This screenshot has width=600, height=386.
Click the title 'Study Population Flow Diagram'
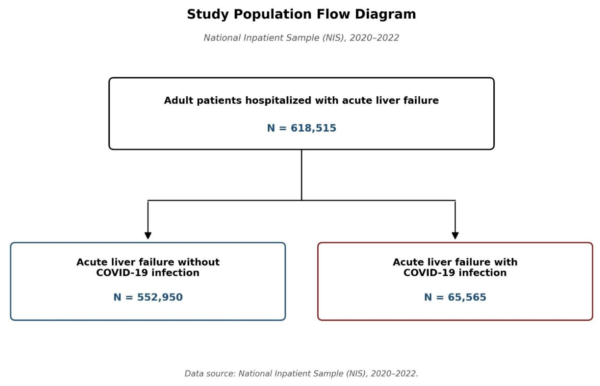tap(301, 14)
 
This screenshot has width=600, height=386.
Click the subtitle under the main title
tap(301, 38)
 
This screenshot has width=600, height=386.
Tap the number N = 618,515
tap(301, 128)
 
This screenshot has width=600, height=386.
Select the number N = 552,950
tap(148, 297)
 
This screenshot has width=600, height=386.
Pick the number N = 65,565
tap(455, 297)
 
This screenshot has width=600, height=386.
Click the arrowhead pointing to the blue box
tap(148, 235)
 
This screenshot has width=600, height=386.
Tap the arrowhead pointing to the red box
tap(455, 235)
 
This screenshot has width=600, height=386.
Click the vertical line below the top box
tap(302, 175)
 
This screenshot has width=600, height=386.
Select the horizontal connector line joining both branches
tap(302, 200)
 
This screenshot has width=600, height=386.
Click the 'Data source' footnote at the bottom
tap(301, 373)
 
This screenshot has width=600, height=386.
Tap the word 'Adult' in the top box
tap(178, 101)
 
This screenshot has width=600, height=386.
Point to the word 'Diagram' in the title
tap(385, 15)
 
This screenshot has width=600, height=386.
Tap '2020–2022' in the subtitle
tap(374, 38)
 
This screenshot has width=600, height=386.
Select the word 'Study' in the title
tap(207, 15)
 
